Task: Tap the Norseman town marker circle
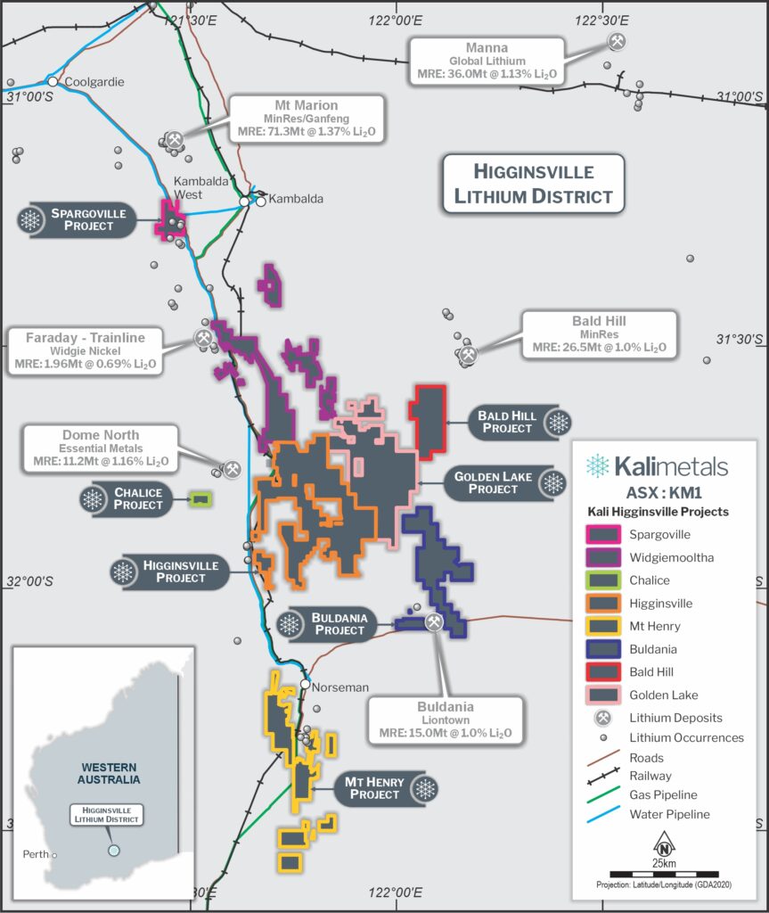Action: click(305, 685)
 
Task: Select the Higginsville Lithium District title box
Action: click(532, 184)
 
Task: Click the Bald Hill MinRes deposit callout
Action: click(598, 335)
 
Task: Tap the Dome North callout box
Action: click(101, 448)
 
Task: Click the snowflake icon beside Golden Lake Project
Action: click(554, 483)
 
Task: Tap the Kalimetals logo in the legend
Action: click(658, 465)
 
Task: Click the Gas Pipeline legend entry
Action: click(662, 795)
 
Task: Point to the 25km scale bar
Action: click(664, 872)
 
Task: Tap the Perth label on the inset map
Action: click(35, 854)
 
